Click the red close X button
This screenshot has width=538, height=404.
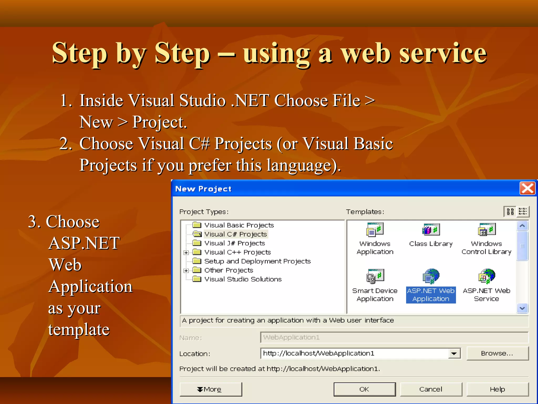527,188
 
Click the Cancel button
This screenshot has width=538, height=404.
431,389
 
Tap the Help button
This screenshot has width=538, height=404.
497,389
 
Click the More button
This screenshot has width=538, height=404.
210,389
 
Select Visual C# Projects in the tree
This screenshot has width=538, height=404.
235,234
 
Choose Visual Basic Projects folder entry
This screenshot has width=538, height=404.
239,225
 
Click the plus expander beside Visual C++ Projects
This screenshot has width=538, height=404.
186,252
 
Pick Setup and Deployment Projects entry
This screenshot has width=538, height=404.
257,261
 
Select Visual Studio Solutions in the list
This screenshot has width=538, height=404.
243,279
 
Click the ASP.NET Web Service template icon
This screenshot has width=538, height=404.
487,276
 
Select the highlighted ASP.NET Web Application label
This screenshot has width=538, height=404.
431,295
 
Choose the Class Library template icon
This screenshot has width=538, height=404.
431,230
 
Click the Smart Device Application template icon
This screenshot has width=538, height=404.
375,276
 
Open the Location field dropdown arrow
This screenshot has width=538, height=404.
454,353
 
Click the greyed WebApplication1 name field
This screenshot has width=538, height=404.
394,337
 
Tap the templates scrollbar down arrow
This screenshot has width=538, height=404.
522,308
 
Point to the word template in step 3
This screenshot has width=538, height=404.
79,330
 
